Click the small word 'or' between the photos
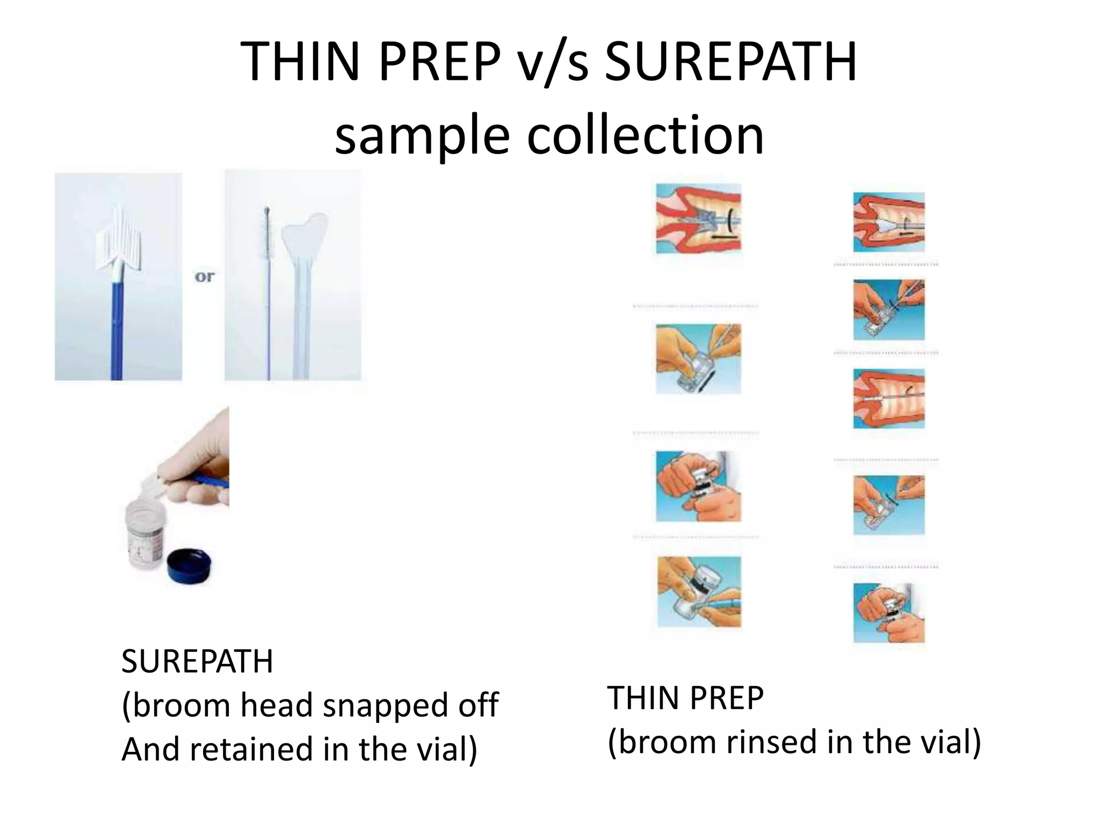[204, 277]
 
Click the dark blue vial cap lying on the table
[189, 567]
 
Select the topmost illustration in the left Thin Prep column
[698, 218]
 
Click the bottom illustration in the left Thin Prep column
[699, 591]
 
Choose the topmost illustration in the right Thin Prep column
[889, 222]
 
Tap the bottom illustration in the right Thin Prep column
[889, 612]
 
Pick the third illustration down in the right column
[889, 399]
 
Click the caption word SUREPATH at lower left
[197, 661]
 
